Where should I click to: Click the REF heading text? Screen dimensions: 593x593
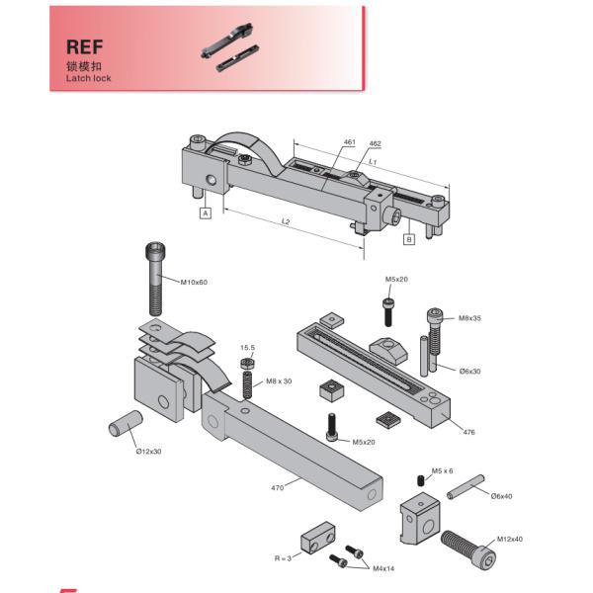pyautogui.click(x=86, y=46)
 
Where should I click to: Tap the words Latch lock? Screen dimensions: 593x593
pyautogui.click(x=89, y=77)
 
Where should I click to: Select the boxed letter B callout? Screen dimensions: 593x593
pyautogui.click(x=407, y=239)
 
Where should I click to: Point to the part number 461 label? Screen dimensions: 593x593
pyautogui.click(x=349, y=142)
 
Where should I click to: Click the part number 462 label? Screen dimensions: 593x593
pyautogui.click(x=375, y=144)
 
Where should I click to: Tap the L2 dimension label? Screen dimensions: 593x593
pyautogui.click(x=286, y=221)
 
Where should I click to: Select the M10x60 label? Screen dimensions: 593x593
pyautogui.click(x=195, y=283)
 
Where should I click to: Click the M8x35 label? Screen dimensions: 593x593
pyautogui.click(x=470, y=318)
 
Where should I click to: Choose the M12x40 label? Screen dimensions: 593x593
pyautogui.click(x=510, y=539)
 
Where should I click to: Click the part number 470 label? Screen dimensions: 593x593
pyautogui.click(x=277, y=487)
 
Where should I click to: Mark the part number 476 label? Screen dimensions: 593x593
pyautogui.click(x=468, y=431)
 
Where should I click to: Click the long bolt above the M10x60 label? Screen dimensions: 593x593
pyautogui.click(x=155, y=278)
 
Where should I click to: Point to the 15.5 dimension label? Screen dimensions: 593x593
pyautogui.click(x=248, y=348)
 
